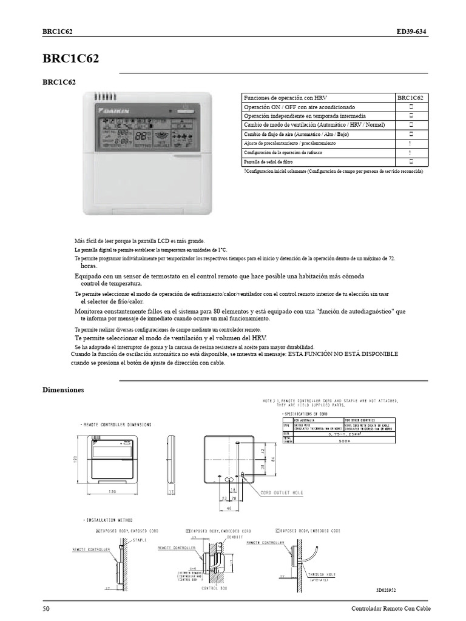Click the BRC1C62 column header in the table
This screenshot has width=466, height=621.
[x=411, y=97]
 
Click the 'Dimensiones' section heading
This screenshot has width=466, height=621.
[x=63, y=390]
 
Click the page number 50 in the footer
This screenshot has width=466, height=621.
[x=46, y=608]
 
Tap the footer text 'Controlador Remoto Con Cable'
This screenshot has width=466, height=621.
[x=390, y=608]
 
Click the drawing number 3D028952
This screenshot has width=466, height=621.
[x=390, y=589]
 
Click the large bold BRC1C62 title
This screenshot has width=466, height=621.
[x=71, y=59]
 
